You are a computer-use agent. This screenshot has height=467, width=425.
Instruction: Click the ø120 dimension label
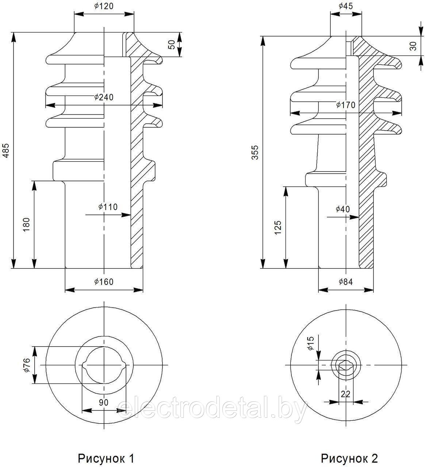click(104, 6)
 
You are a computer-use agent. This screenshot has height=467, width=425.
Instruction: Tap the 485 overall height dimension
click(6, 150)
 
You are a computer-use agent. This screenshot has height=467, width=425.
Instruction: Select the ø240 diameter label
click(104, 97)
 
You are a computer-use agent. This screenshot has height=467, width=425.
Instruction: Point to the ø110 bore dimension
click(108, 207)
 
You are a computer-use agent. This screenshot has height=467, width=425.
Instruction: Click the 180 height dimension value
click(27, 225)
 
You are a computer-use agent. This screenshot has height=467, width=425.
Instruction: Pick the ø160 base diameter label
click(104, 282)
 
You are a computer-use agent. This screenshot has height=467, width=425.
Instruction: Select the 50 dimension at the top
click(172, 45)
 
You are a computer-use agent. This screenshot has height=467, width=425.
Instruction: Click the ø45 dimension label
click(346, 6)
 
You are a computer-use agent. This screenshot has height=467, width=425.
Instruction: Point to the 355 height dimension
click(255, 153)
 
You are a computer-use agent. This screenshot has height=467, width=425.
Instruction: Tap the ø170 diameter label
click(346, 105)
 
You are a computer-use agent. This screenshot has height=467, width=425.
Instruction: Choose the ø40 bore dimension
click(342, 209)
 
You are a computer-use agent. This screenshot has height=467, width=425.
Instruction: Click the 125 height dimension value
click(278, 228)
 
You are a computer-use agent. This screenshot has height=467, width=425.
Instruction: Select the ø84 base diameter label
click(346, 282)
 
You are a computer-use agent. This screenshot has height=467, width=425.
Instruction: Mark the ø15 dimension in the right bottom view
click(311, 343)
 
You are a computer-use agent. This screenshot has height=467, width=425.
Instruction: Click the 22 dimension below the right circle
click(345, 394)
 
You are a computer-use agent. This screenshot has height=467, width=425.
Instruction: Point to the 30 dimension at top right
click(413, 46)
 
